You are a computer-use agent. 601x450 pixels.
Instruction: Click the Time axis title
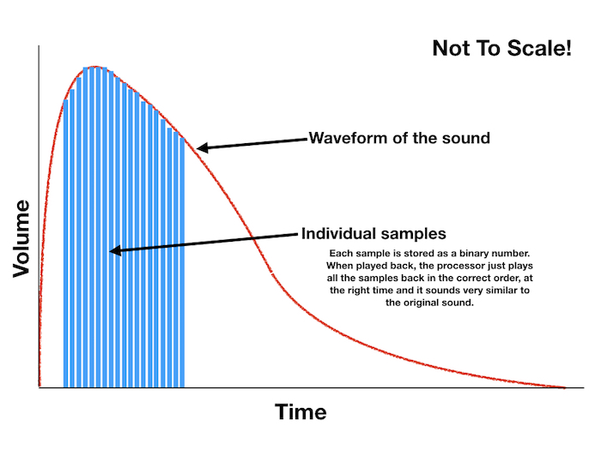pyautogui.click(x=300, y=411)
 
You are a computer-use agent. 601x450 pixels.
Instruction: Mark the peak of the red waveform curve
pyautogui.click(x=94, y=66)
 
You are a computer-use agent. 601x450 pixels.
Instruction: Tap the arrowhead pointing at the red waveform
pyautogui.click(x=202, y=148)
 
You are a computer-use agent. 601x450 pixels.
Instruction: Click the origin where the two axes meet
pyautogui.click(x=39, y=388)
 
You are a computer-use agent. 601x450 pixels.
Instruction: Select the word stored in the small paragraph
pyautogui.click(x=400, y=255)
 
